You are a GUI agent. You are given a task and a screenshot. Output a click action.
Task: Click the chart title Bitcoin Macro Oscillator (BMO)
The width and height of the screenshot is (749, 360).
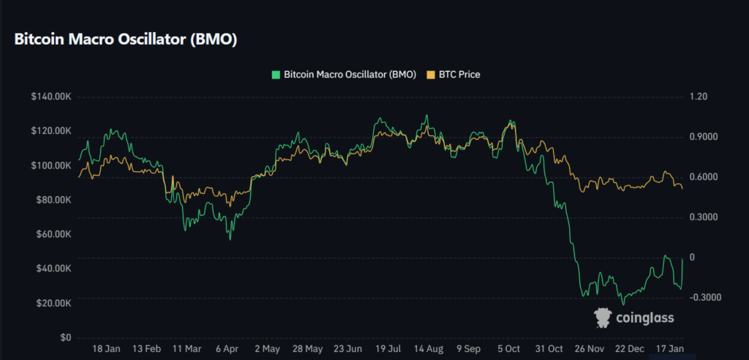[x=125, y=40]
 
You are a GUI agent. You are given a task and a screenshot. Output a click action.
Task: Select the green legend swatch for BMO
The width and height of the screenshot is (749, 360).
[x=275, y=75]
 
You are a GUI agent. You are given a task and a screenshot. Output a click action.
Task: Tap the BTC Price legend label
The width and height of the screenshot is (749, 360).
[x=459, y=75]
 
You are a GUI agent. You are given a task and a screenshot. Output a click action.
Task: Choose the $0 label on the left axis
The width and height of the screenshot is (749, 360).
[x=64, y=338]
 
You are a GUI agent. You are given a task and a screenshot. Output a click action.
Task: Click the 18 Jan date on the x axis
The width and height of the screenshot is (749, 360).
[x=108, y=348]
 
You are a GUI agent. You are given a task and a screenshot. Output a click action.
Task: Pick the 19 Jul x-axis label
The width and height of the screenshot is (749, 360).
[x=391, y=348]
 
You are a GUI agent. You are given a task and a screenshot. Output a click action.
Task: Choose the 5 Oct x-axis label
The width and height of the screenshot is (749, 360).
[x=509, y=348]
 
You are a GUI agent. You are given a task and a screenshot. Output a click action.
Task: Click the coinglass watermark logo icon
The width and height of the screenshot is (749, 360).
[x=603, y=317]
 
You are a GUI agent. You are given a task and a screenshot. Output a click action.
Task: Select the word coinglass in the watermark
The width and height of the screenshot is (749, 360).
[x=645, y=318]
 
